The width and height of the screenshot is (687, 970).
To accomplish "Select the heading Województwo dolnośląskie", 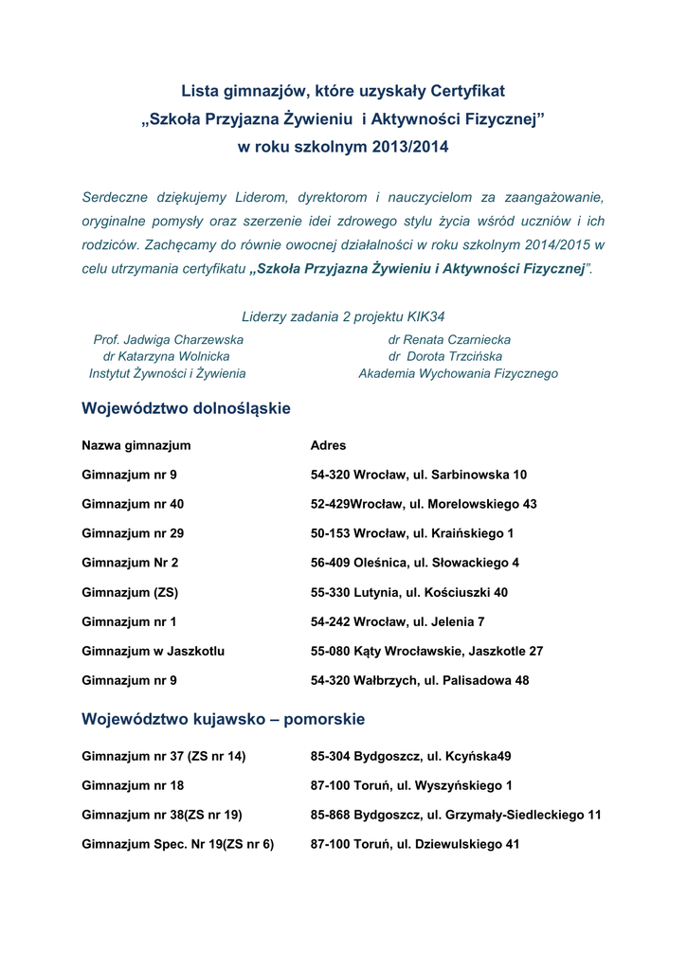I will tap(187, 408).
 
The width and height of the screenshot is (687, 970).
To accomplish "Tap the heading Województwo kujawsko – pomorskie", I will tap(224, 719).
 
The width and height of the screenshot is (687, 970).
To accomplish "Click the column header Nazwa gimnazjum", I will tap(136, 445).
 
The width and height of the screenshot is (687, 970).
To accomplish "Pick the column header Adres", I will tap(328, 445).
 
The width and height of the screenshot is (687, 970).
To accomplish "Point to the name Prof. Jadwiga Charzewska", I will tap(168, 339).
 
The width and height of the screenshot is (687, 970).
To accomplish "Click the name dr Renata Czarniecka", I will tap(449, 339).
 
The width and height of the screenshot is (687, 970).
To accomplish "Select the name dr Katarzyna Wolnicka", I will tap(166, 356).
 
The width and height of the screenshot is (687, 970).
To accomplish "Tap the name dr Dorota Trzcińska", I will tap(445, 356).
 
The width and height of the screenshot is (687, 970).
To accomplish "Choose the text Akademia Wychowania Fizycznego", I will tap(458, 373).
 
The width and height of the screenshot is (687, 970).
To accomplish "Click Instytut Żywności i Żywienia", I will tap(168, 373).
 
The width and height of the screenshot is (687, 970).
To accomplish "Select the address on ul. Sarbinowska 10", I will tap(419, 475).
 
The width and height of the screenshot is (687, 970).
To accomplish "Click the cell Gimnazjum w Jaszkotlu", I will tap(154, 651).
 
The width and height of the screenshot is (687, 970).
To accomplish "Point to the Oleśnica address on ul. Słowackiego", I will tap(415, 563).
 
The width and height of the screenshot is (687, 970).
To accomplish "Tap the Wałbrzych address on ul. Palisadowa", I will tap(420, 680).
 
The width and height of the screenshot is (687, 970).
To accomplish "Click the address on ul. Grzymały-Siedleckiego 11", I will tap(456, 815).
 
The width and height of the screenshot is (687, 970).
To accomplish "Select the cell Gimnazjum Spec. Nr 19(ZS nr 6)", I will tap(178, 844).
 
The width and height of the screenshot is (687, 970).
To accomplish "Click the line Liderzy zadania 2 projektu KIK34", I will tap(344, 315).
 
